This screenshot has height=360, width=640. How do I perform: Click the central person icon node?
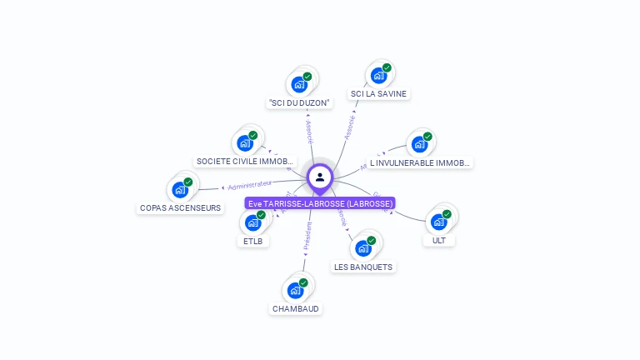click(320, 177)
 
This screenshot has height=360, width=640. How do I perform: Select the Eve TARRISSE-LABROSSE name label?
click(320, 203)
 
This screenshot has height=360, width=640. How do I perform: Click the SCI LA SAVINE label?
click(378, 93)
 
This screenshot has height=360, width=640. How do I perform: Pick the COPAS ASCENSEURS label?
click(181, 207)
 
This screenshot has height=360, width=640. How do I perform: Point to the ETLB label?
click(252, 242)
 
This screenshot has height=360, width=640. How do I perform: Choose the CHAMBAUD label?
click(296, 308)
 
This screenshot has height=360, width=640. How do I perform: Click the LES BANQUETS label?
click(363, 267)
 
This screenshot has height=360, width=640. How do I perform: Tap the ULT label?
click(438, 240)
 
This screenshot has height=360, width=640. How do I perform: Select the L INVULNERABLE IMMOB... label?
click(420, 163)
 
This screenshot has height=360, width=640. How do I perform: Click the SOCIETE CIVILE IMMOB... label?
click(244, 161)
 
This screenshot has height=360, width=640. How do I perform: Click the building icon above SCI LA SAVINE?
click(379, 76)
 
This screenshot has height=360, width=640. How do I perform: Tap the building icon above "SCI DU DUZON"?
click(298, 84)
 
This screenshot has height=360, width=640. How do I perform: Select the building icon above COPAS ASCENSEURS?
click(180, 189)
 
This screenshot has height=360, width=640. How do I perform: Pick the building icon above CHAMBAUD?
click(295, 290)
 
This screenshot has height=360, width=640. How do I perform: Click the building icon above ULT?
click(438, 222)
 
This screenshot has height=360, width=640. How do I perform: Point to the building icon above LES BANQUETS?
click(363, 248)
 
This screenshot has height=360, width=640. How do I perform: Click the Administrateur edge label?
click(250, 184)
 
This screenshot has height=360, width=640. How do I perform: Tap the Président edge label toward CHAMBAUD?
click(308, 236)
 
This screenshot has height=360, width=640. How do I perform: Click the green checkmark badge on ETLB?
click(261, 215)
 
